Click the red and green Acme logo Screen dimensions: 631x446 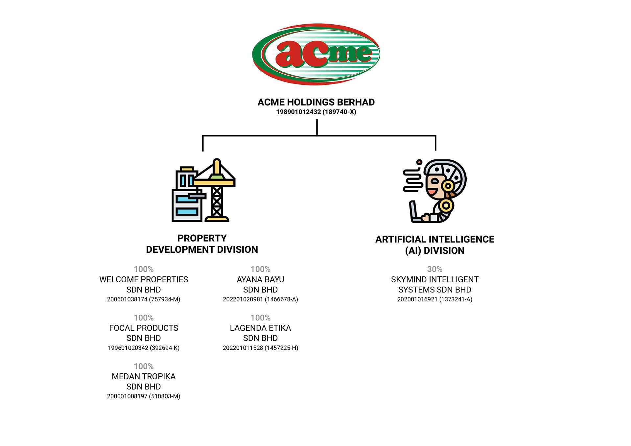coord(316,54)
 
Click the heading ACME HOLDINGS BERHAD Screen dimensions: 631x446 coord(316,102)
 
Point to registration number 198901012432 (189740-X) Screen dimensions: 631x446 coord(316,112)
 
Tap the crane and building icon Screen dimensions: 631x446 coord(203,190)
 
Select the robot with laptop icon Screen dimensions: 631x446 coord(434,191)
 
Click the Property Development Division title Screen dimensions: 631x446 coord(202,244)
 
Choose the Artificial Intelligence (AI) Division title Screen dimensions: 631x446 coord(435,245)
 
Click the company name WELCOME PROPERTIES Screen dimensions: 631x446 coord(144,279)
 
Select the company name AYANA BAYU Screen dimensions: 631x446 coord(260,279)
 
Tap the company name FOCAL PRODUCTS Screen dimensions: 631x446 coord(144,328)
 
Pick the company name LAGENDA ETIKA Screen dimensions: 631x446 coord(260,328)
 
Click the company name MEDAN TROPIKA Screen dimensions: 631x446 coord(144,376)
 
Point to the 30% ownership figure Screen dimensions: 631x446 coord(435,269)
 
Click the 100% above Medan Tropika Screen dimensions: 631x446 coord(144,366)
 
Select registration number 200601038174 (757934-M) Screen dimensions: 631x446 coord(144,299)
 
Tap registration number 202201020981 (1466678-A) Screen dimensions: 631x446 coord(260,299)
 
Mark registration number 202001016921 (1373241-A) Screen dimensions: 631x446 coord(435,299)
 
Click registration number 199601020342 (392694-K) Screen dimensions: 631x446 coord(144,348)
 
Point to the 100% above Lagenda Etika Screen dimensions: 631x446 coord(260,318)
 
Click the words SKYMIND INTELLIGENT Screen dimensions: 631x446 coord(435,279)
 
